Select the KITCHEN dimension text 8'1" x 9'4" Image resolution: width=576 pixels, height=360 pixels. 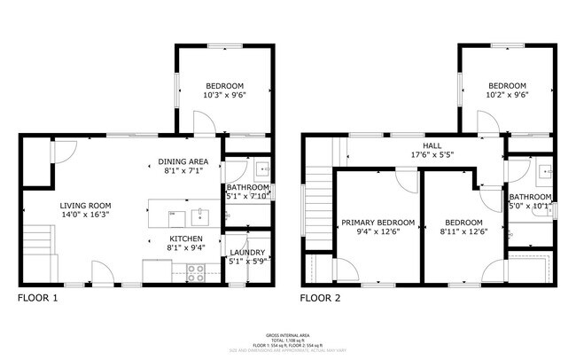click(185, 249)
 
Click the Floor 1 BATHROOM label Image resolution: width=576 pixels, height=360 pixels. click(247, 187)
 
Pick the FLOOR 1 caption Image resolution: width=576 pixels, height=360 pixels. click(37, 299)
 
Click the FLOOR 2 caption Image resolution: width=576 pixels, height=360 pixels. click(320, 299)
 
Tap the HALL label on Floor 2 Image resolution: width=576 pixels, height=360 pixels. click(432, 145)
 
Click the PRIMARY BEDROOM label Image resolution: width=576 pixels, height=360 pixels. click(378, 222)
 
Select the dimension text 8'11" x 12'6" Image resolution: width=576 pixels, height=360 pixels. click(463, 232)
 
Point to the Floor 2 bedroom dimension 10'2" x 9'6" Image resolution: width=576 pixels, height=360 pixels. click(507, 95)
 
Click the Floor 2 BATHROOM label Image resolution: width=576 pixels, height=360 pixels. click(530, 197)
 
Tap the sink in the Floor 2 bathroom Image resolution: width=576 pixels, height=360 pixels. click(542, 168)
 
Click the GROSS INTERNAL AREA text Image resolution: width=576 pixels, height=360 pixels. click(289, 335)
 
